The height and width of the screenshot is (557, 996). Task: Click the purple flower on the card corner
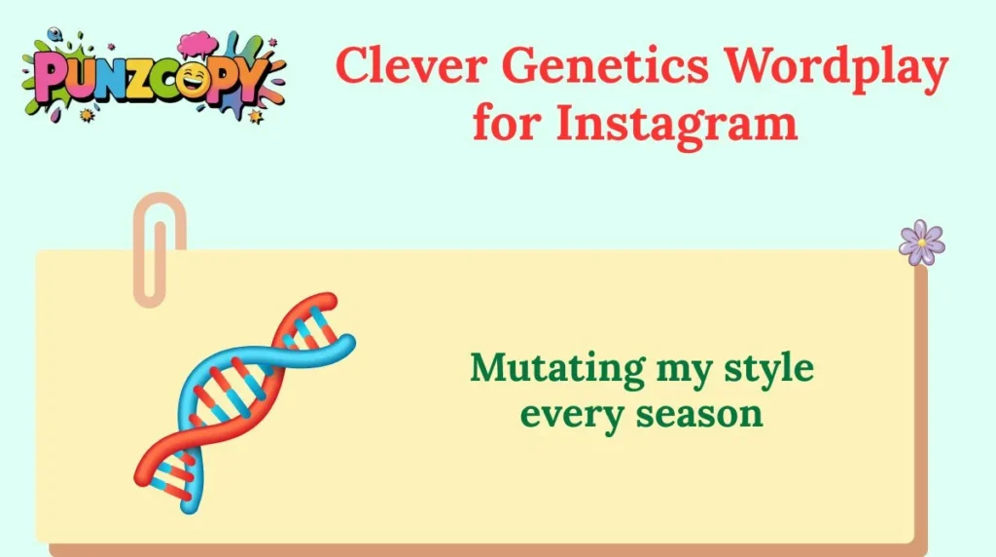pos(921,241)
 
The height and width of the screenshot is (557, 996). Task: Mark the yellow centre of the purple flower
pos(921,241)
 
